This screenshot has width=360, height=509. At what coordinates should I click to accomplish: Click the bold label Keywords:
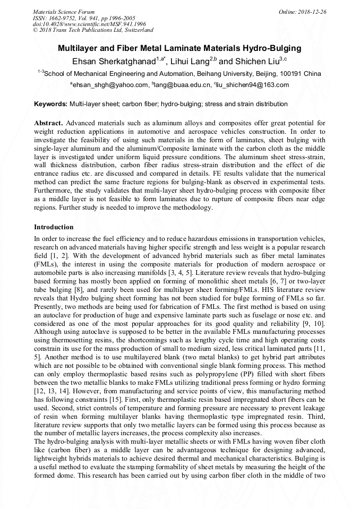(x=50, y=104)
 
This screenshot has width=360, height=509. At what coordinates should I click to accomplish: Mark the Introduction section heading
(x=54, y=227)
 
